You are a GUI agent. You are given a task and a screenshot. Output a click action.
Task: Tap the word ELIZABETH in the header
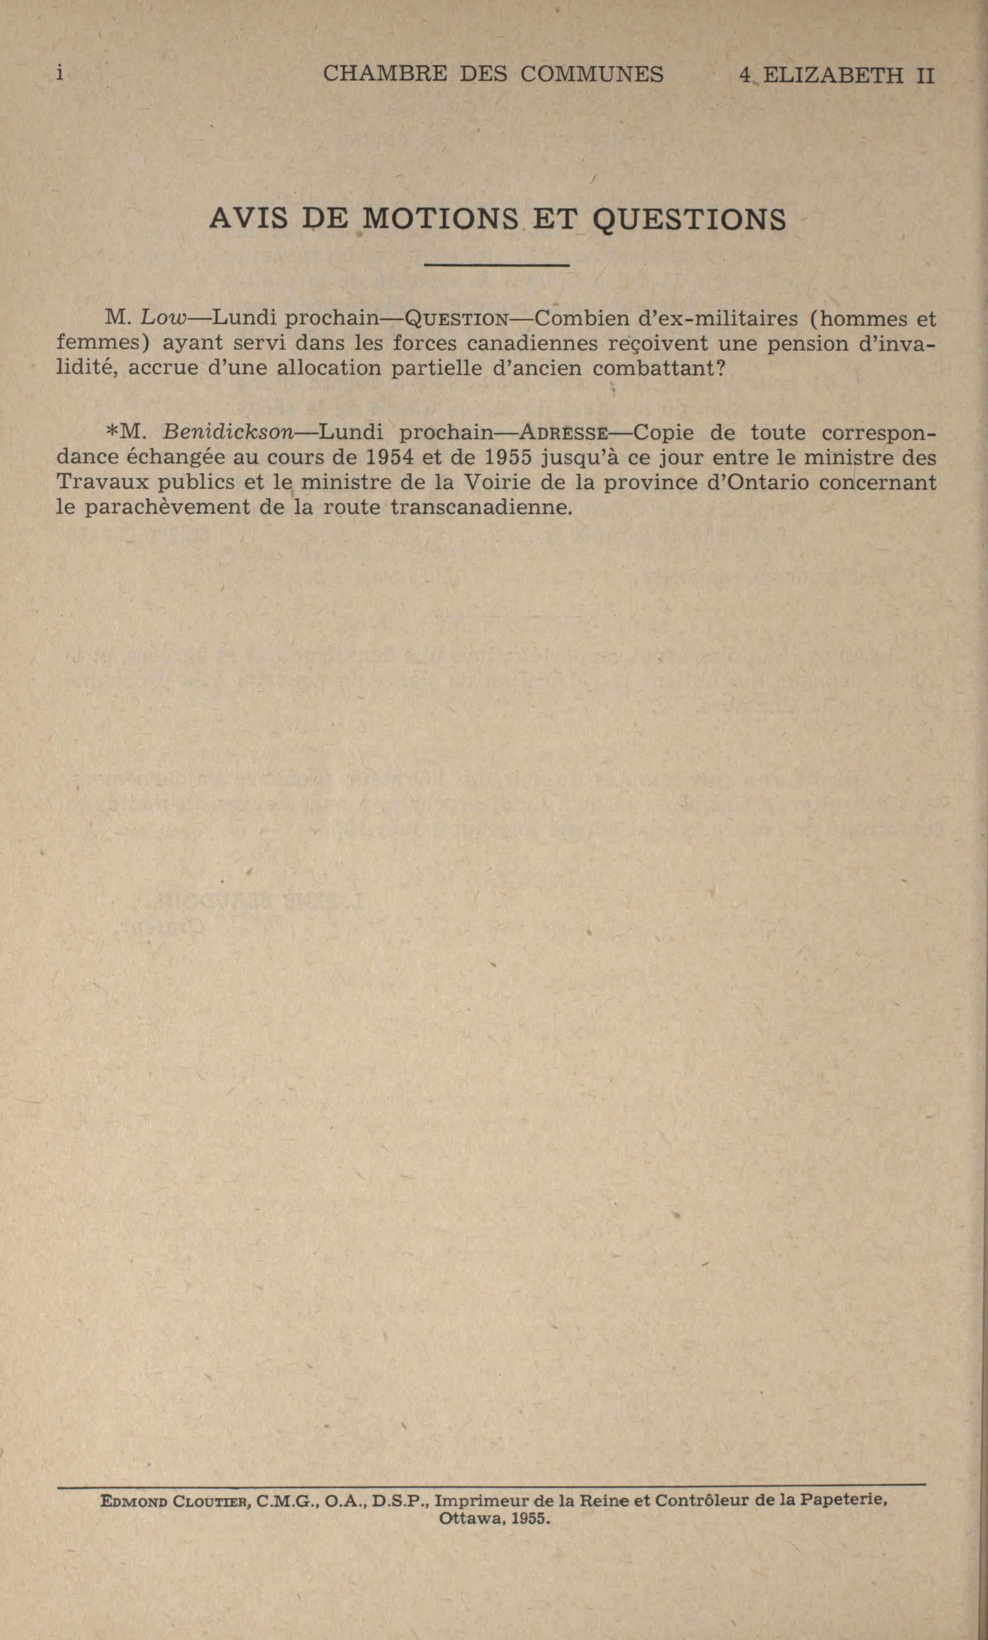coord(832,75)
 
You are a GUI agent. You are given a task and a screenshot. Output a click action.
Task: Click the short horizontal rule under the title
coord(496,266)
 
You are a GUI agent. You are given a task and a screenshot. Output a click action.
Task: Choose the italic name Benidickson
coord(228,433)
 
